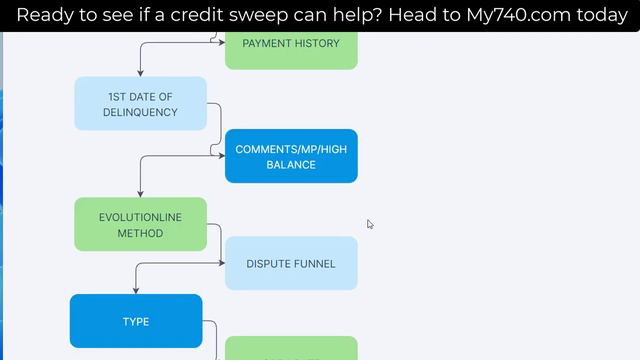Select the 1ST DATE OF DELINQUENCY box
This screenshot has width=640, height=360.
[140, 104]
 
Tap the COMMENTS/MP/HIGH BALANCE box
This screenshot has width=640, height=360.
[290, 156]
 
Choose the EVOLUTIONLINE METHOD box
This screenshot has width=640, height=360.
[140, 224]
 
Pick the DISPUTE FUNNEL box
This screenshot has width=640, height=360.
[290, 264]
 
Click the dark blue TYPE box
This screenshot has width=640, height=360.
[136, 321]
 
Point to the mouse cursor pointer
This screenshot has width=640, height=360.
[369, 224]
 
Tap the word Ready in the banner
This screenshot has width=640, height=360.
[48, 15]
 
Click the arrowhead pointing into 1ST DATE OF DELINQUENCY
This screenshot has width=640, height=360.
[140, 74]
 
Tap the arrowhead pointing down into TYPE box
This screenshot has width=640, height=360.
[136, 291]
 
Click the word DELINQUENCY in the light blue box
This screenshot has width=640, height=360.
[140, 112]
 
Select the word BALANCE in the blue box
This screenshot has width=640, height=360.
[290, 165]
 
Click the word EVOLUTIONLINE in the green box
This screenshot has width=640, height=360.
[140, 217]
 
